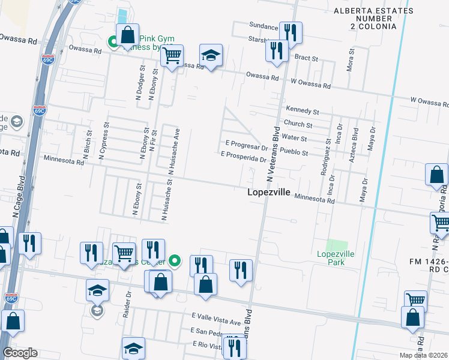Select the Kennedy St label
[x=302, y=111]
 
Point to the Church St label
[x=298, y=125]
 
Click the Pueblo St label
[x=294, y=153]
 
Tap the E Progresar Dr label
[x=246, y=146]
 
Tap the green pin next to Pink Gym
[x=112, y=42]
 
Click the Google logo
[x=20, y=353]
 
